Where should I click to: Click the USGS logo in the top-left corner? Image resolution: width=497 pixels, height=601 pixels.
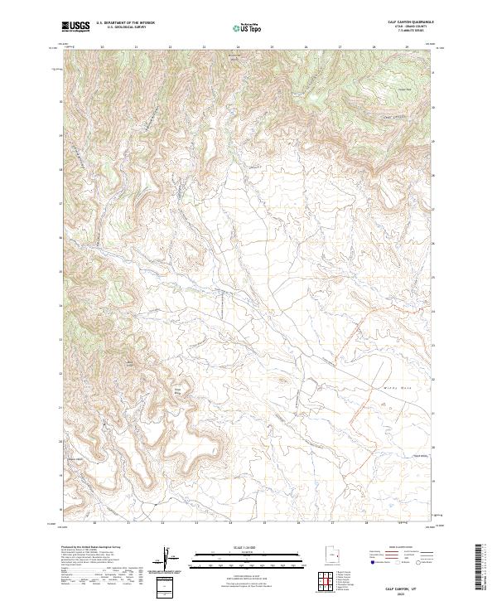(x=75, y=27)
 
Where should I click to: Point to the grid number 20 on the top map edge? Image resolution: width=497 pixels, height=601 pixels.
(x=102, y=47)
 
